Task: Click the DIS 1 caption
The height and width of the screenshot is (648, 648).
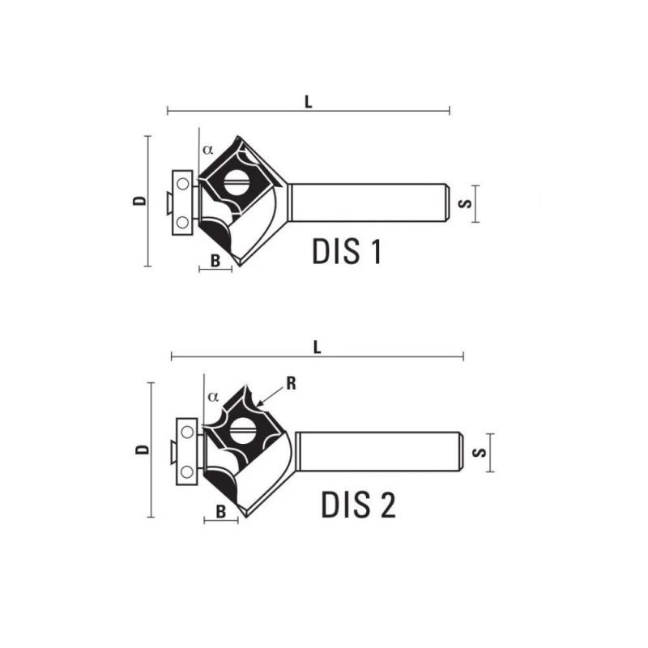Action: [x=346, y=252]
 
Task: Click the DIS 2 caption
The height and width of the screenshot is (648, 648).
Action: [x=358, y=505]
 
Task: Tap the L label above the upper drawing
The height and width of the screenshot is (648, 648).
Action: [x=309, y=101]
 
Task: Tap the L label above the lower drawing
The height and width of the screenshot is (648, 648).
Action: [x=318, y=347]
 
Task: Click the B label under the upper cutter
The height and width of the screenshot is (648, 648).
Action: [x=215, y=260]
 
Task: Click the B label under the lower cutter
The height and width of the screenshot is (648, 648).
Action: [x=220, y=511]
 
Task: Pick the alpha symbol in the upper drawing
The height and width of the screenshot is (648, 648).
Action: [x=208, y=149]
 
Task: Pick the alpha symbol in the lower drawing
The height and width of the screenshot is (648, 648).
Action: [x=213, y=397]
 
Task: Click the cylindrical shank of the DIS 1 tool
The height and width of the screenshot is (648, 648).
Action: [x=369, y=202]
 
